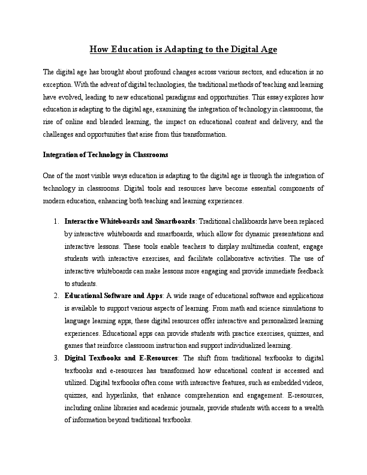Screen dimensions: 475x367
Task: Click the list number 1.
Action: coord(56,221)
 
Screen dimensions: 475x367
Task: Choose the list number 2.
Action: coord(56,296)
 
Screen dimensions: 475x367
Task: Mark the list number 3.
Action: coord(56,358)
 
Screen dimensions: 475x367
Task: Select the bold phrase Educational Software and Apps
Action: coord(113,296)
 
